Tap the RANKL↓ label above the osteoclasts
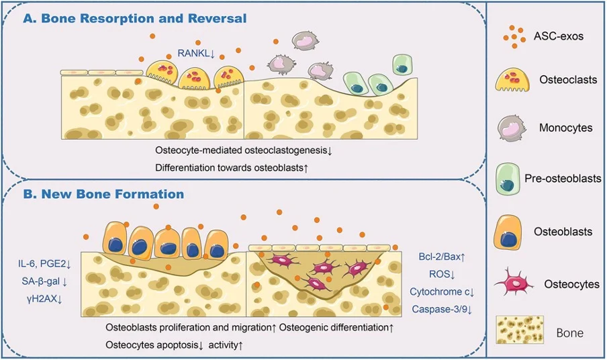coord(196,52)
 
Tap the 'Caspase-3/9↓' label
coord(443,309)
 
